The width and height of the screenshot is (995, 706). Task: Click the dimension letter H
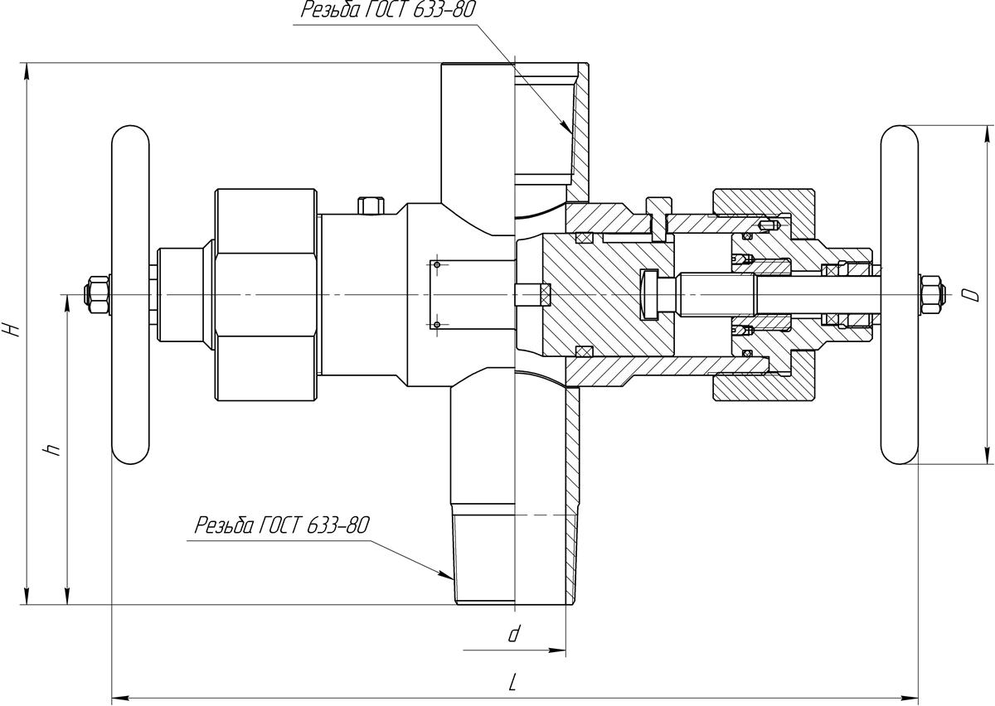(11, 329)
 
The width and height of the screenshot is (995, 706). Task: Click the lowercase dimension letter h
(52, 450)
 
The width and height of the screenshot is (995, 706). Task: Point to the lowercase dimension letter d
(514, 635)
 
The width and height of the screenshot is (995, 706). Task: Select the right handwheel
(900, 294)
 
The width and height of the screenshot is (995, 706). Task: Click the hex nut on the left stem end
(96, 294)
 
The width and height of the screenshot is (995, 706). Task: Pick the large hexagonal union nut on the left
(266, 294)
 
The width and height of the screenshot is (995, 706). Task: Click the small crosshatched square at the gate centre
(544, 294)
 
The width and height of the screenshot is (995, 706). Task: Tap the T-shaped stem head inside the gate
(648, 294)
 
